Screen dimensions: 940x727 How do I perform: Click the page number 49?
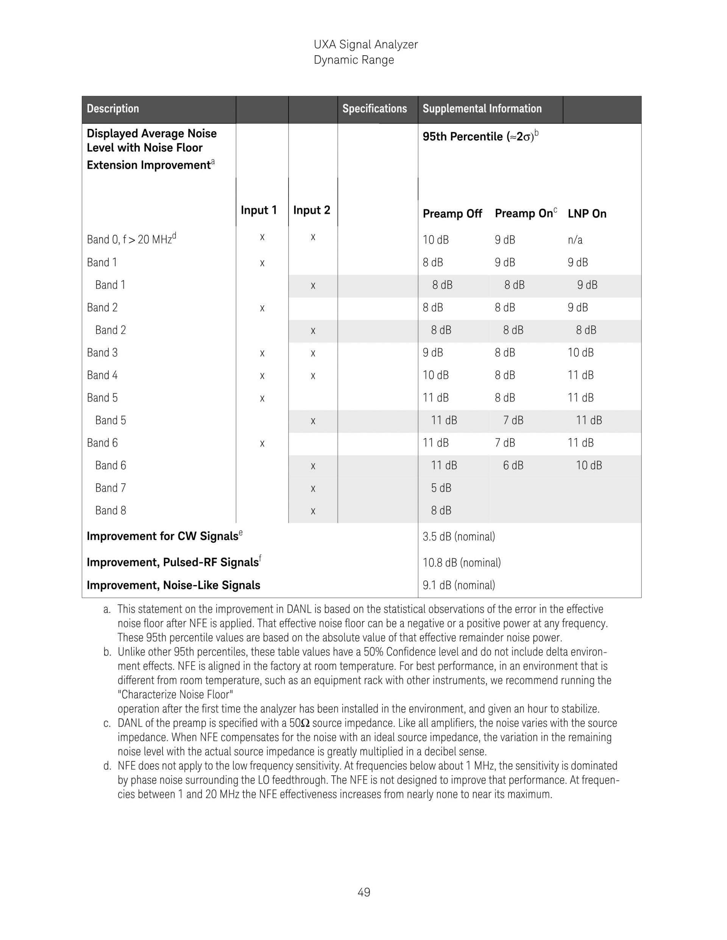(x=363, y=892)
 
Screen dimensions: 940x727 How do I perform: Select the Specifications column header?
(x=374, y=109)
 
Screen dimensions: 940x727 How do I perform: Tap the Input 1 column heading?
(x=258, y=210)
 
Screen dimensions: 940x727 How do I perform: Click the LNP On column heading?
(x=587, y=213)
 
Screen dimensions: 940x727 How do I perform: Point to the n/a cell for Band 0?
(x=575, y=240)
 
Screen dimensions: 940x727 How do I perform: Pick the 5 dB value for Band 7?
(x=441, y=488)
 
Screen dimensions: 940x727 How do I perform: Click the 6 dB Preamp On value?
(x=513, y=465)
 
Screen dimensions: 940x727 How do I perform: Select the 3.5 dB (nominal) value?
(x=459, y=537)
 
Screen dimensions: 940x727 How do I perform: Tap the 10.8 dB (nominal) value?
(x=461, y=563)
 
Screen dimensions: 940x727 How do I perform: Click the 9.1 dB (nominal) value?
(x=459, y=585)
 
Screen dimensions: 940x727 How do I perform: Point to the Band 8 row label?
(x=111, y=510)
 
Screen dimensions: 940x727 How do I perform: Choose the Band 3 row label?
(x=102, y=353)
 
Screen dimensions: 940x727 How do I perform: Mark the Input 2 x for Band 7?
(x=313, y=489)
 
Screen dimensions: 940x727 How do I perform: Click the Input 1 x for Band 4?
(x=262, y=376)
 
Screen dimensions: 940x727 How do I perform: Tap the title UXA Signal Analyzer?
(x=366, y=45)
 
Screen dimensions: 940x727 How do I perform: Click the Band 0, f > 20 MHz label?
(x=131, y=239)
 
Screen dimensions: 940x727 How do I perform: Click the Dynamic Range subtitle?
(x=354, y=60)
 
